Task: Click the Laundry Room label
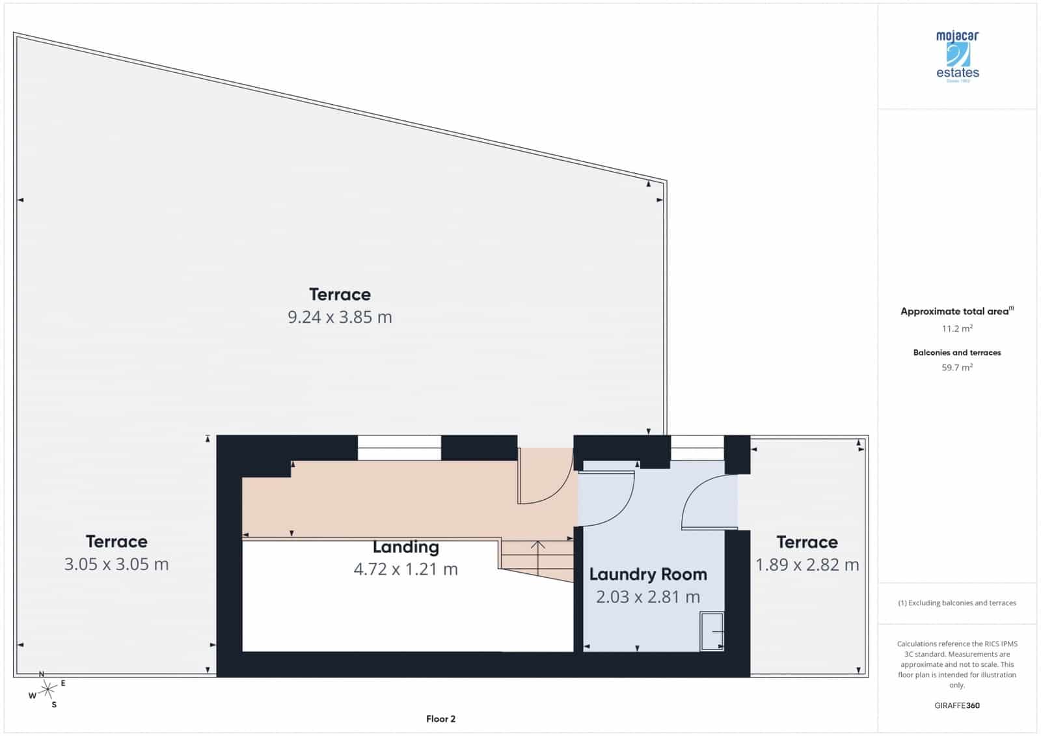point(647,574)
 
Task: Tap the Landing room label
point(405,547)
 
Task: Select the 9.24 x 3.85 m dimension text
point(340,318)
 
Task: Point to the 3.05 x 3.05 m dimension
point(116,564)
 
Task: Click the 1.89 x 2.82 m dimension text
point(807,565)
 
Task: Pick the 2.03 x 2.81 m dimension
point(647,597)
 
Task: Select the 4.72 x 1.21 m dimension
point(405,569)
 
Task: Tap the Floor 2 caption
point(440,719)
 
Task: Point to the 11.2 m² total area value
point(957,329)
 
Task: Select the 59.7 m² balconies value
point(957,368)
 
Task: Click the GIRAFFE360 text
point(957,705)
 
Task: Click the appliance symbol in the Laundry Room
point(712,631)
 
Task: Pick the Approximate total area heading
point(956,312)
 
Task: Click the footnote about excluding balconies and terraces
point(957,603)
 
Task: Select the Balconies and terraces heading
point(957,353)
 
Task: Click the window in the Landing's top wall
point(399,448)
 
